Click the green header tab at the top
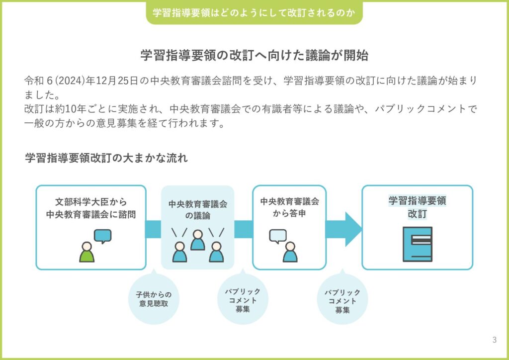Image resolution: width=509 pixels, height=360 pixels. click(x=254, y=13)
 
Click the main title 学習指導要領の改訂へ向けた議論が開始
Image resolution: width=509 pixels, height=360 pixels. click(x=254, y=55)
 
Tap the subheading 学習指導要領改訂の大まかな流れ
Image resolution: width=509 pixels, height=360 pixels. click(x=106, y=159)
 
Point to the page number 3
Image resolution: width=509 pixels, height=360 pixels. click(x=494, y=340)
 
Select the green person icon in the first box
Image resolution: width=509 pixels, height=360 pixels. click(x=87, y=252)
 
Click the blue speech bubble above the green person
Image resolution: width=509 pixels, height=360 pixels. click(x=102, y=236)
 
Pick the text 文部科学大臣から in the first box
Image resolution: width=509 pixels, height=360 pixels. click(x=91, y=202)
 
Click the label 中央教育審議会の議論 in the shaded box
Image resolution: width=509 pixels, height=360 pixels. click(x=197, y=210)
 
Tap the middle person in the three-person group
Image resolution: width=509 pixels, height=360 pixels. click(x=197, y=240)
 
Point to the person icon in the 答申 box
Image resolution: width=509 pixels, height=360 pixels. click(x=290, y=252)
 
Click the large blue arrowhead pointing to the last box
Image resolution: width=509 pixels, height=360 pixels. click(x=353, y=229)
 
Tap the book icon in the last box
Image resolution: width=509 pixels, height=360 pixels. click(x=417, y=244)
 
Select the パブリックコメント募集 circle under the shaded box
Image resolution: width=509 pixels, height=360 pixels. click(x=243, y=300)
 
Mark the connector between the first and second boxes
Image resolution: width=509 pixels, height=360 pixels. click(x=154, y=229)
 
